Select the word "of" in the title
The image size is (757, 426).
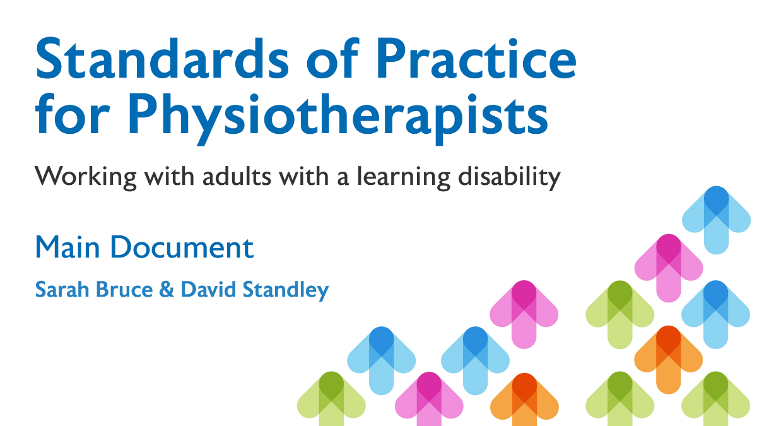332,57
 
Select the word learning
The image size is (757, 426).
404,177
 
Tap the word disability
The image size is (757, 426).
509,177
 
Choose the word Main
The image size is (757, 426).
67,247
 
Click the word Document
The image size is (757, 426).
182,247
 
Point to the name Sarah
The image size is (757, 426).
62,290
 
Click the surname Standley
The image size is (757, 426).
286,290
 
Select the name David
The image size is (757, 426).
208,290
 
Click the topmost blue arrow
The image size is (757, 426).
716,220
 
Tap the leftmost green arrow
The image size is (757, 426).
331,399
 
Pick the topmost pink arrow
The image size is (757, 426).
669,268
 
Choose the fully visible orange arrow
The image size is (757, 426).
669,360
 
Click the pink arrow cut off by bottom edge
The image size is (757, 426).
429,399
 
